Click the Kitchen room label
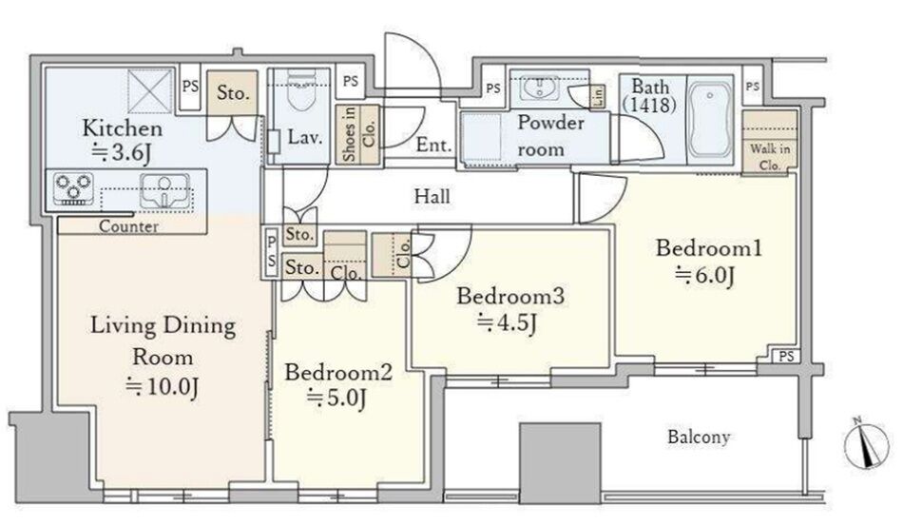tap(122, 127)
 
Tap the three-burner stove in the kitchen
tap(73, 189)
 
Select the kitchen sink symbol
tap(164, 191)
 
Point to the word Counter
tap(128, 225)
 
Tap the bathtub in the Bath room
tap(710, 122)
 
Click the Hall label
tap(432, 197)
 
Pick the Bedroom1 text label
tap(709, 247)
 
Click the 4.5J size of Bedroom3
tap(508, 322)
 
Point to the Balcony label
tap(699, 437)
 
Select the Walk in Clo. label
tap(770, 157)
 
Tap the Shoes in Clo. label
tap(357, 134)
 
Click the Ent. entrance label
tap(433, 145)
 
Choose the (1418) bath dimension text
tap(649, 106)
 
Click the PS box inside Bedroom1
tap(786, 356)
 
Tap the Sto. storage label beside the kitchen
tap(233, 92)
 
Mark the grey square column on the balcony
tap(560, 464)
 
